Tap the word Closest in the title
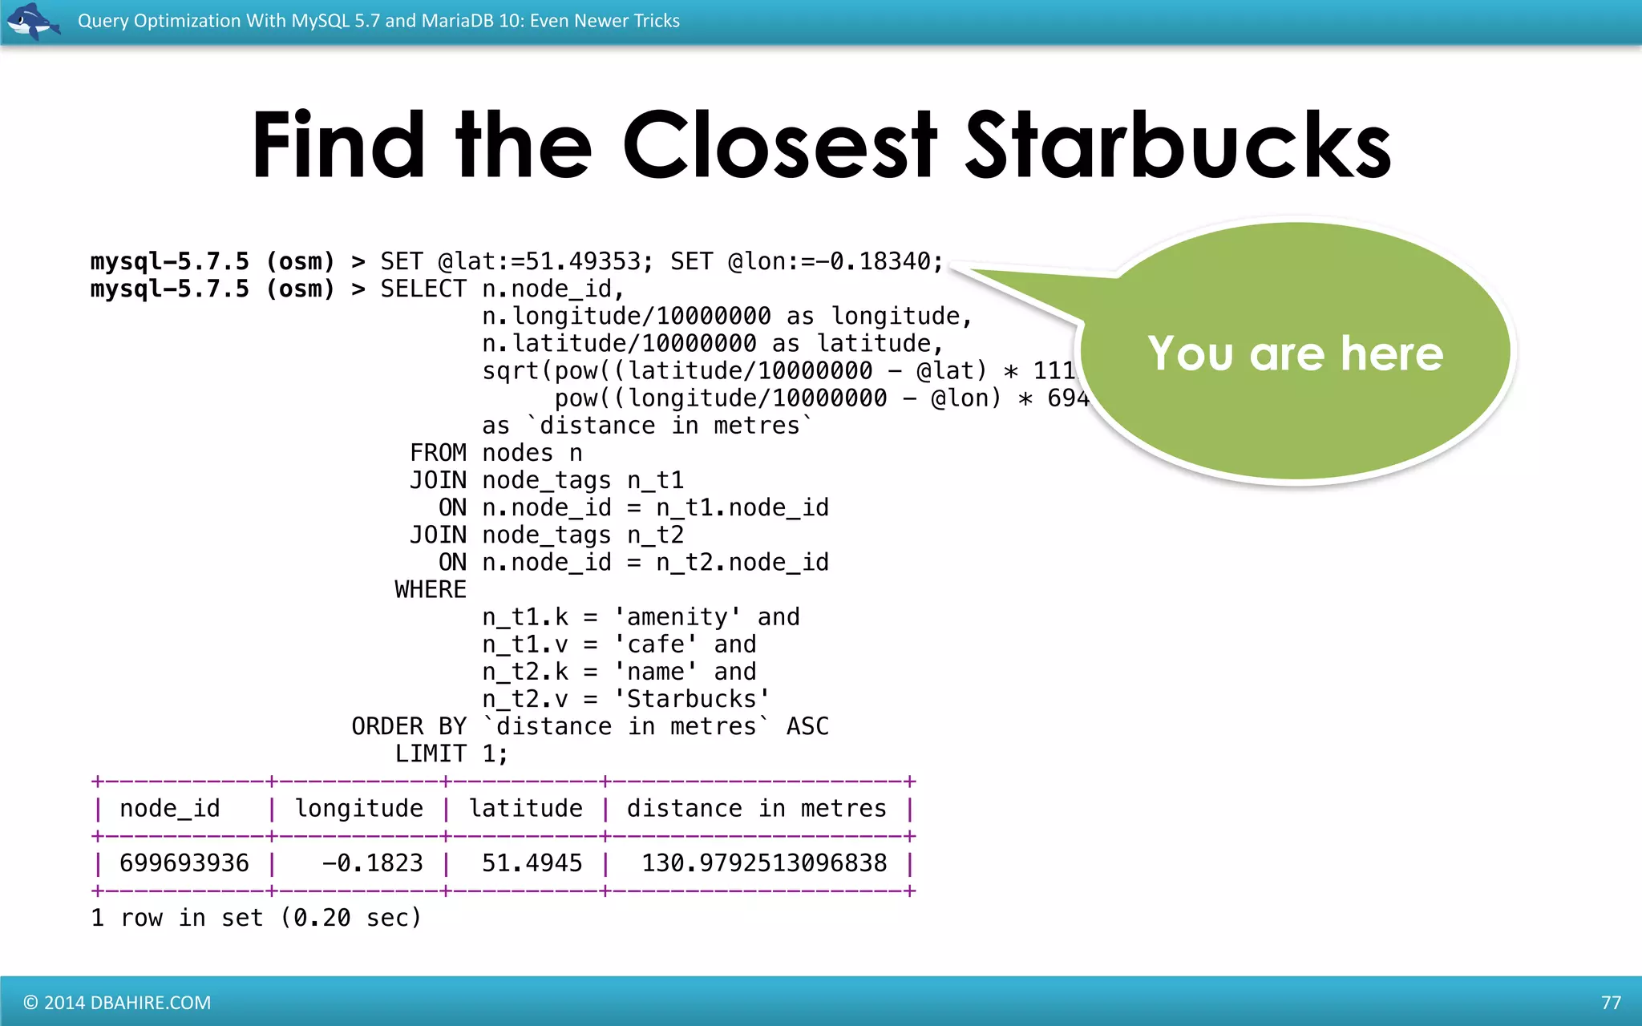tap(779, 146)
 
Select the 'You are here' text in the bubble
tap(1295, 353)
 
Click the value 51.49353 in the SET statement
tap(582, 261)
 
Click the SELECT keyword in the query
tap(423, 289)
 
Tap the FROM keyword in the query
tap(438, 453)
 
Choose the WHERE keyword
tap(431, 590)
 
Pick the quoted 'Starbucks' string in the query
tap(692, 699)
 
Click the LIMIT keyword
tap(431, 753)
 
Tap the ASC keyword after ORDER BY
tap(807, 726)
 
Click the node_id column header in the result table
tap(170, 809)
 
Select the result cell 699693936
tap(184, 863)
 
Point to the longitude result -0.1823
tap(372, 863)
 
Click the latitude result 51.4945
tap(532, 863)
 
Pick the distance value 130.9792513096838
tap(764, 863)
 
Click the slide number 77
tap(1611, 1003)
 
